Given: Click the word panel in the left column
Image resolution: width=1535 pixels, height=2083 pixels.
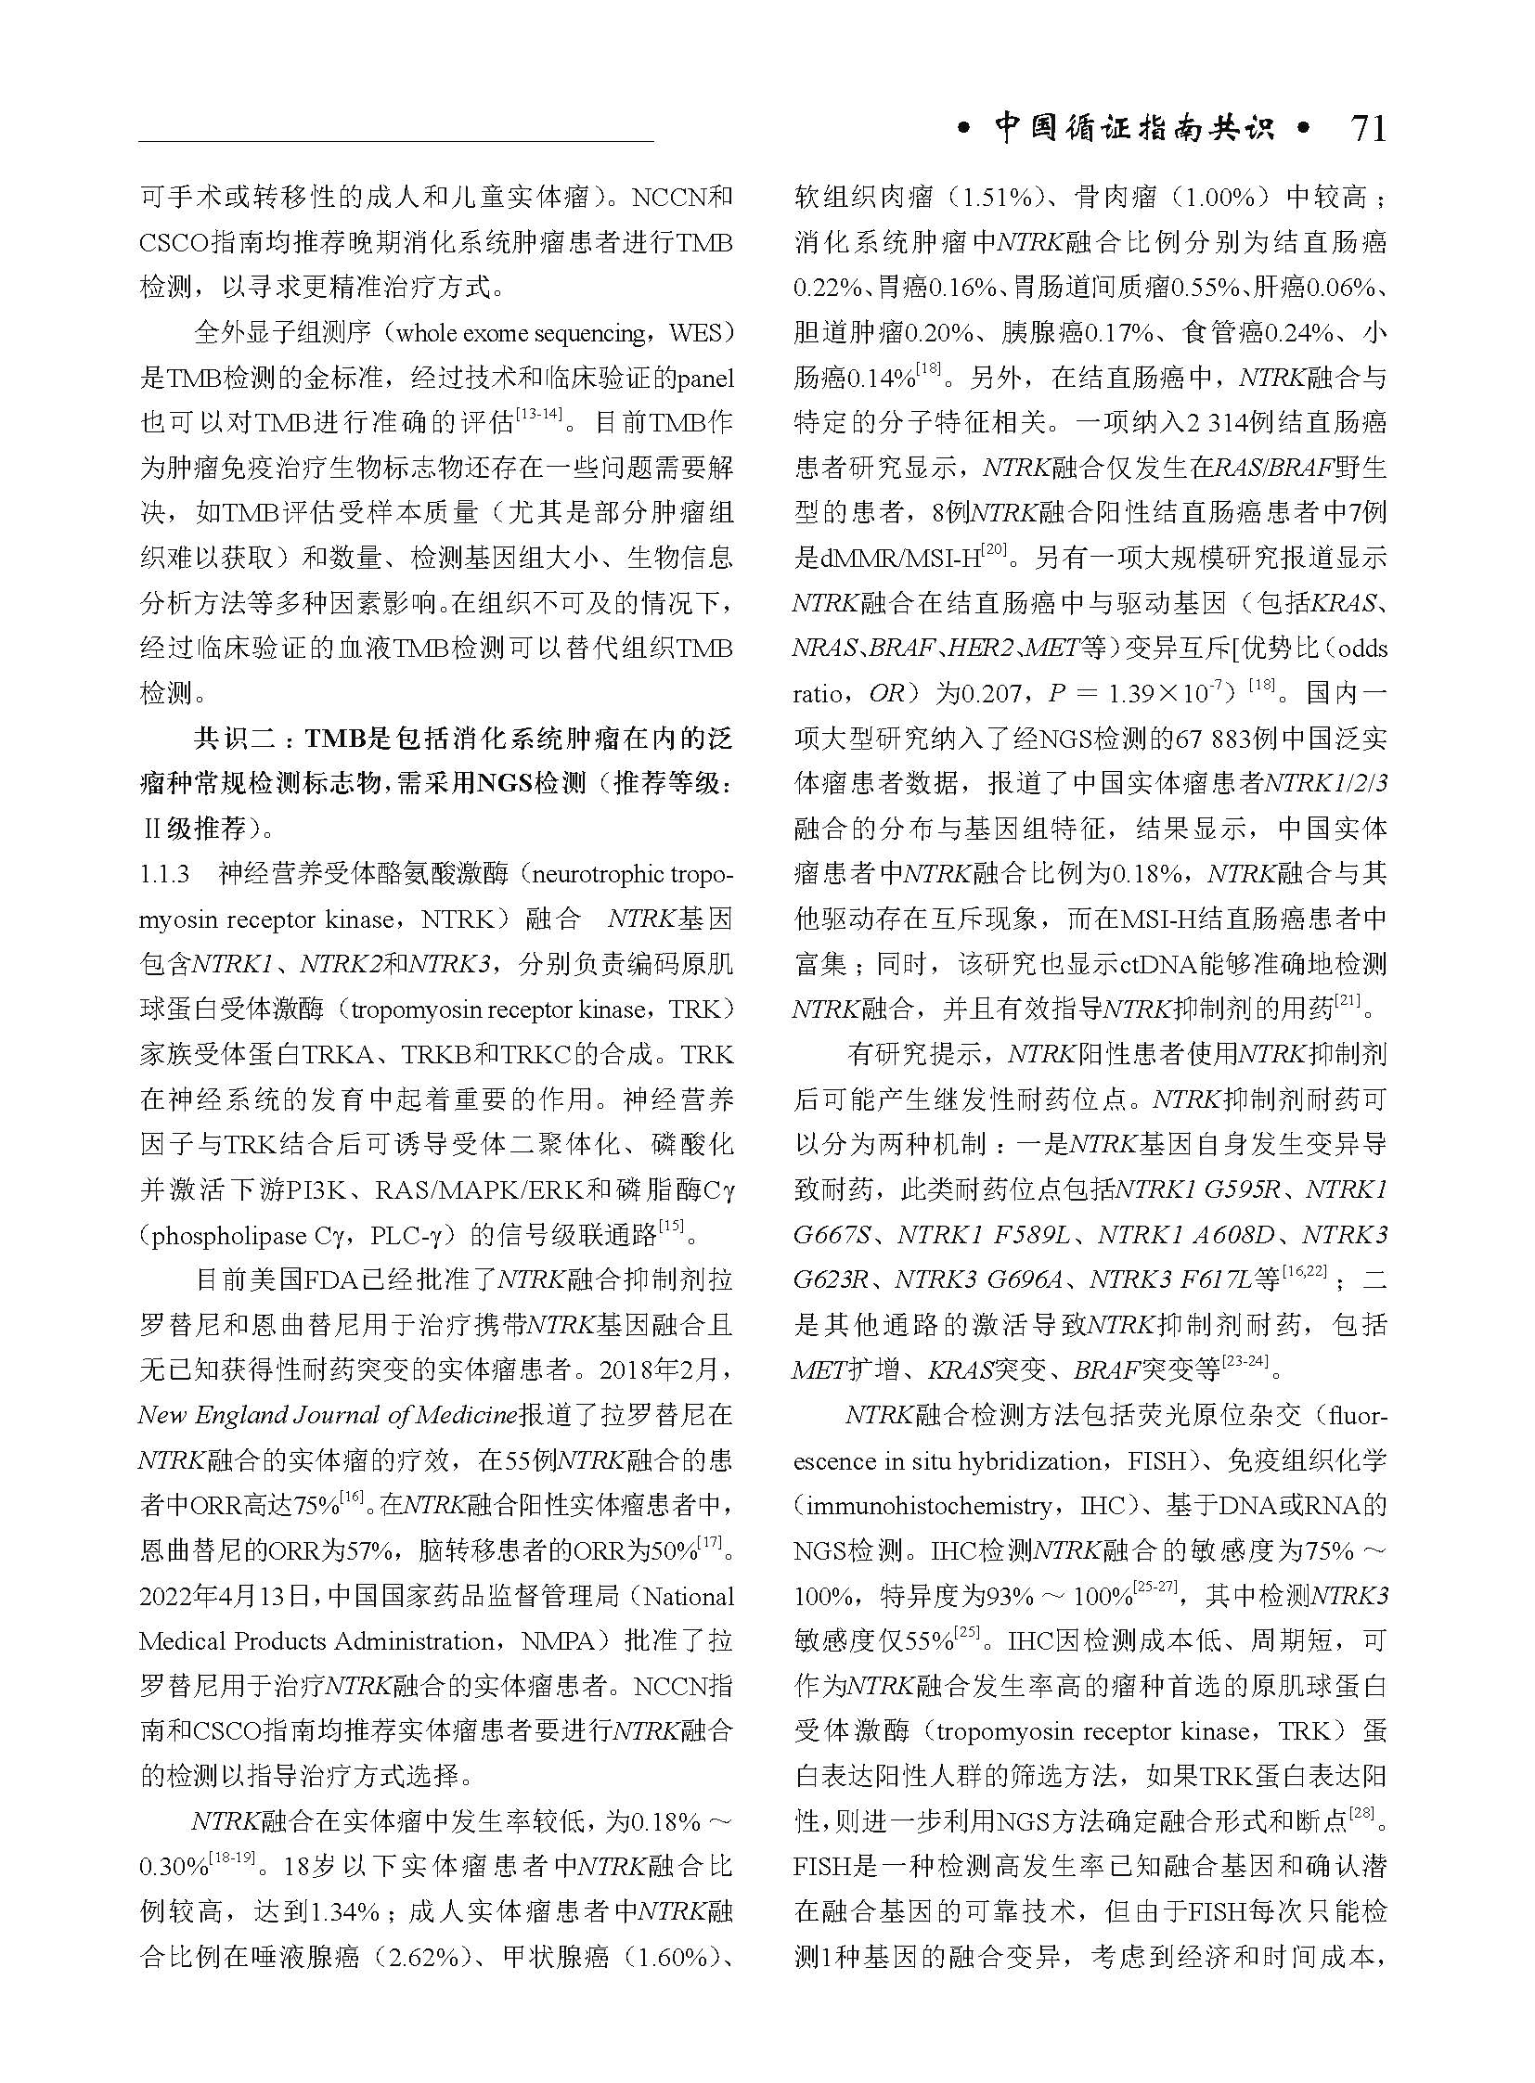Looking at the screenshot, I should pyautogui.click(x=704, y=379).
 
